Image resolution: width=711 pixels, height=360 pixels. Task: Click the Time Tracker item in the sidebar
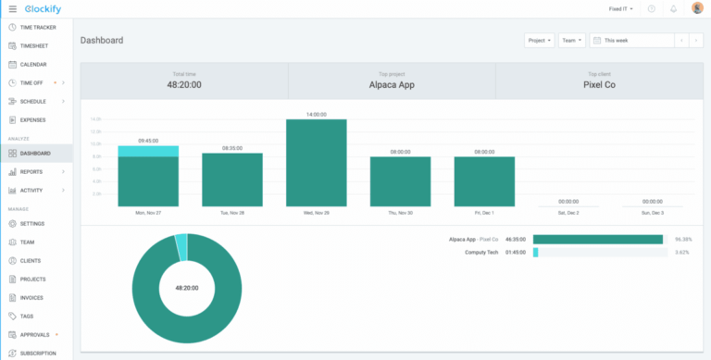(38, 27)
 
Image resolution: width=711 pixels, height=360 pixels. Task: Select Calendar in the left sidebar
(32, 64)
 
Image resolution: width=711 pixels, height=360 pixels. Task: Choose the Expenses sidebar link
(32, 119)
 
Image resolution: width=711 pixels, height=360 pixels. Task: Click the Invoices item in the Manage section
(32, 297)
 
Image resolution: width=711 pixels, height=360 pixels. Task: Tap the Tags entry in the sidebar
(27, 316)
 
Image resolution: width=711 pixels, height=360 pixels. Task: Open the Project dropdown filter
(539, 41)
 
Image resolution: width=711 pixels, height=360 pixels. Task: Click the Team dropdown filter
(571, 41)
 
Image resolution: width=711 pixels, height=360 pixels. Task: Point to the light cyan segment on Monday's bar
(148, 151)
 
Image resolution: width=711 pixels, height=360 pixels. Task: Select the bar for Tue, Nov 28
(231, 180)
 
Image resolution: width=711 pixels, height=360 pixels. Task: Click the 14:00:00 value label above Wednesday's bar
(316, 114)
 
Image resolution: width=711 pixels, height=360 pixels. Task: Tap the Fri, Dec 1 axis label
(484, 212)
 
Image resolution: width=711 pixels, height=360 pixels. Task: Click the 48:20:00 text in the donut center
(187, 288)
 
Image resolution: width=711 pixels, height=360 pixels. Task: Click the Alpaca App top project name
(392, 84)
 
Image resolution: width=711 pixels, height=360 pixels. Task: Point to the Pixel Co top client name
(599, 84)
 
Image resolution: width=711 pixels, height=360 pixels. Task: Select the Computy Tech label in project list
(482, 252)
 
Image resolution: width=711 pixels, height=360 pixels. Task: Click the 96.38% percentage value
(683, 239)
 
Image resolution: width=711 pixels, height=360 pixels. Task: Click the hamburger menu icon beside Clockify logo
(12, 8)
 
